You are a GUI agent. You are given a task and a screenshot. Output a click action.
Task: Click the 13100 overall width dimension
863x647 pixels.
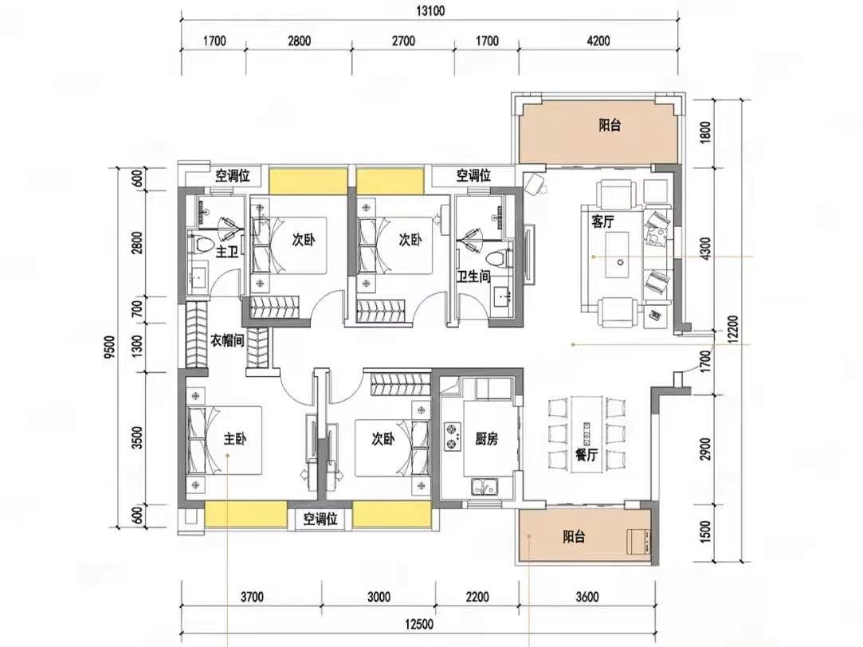[430, 11]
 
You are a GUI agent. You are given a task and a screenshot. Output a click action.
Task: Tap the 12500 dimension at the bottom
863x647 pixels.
[419, 624]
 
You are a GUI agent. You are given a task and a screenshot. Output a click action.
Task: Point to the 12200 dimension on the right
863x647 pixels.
[732, 330]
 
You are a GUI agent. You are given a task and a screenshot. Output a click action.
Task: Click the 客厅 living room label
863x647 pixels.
[602, 222]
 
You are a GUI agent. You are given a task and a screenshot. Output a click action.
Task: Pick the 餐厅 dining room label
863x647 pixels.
[586, 454]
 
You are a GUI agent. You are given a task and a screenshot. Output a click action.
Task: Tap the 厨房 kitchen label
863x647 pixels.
[487, 438]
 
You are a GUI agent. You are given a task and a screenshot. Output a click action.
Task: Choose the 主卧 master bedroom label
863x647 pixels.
[234, 438]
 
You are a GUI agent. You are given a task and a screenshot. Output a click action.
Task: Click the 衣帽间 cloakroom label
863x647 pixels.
[227, 340]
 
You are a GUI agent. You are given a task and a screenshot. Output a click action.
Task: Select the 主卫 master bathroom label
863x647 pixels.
[227, 252]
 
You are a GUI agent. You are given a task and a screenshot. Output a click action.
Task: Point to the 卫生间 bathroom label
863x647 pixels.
[473, 276]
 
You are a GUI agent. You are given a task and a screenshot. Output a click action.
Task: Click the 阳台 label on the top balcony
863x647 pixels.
[610, 125]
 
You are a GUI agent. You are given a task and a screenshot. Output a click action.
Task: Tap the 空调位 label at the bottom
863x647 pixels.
[320, 519]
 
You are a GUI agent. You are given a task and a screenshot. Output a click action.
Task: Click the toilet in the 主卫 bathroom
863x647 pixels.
[201, 245]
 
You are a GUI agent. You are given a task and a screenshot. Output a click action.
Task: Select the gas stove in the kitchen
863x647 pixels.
[453, 436]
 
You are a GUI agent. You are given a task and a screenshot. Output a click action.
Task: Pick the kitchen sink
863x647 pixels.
[484, 487]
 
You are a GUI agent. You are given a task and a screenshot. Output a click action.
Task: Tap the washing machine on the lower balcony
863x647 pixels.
[639, 541]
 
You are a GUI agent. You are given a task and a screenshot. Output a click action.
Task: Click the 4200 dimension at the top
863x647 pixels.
[598, 41]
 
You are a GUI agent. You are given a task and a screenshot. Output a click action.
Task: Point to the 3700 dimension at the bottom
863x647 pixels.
[252, 597]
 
